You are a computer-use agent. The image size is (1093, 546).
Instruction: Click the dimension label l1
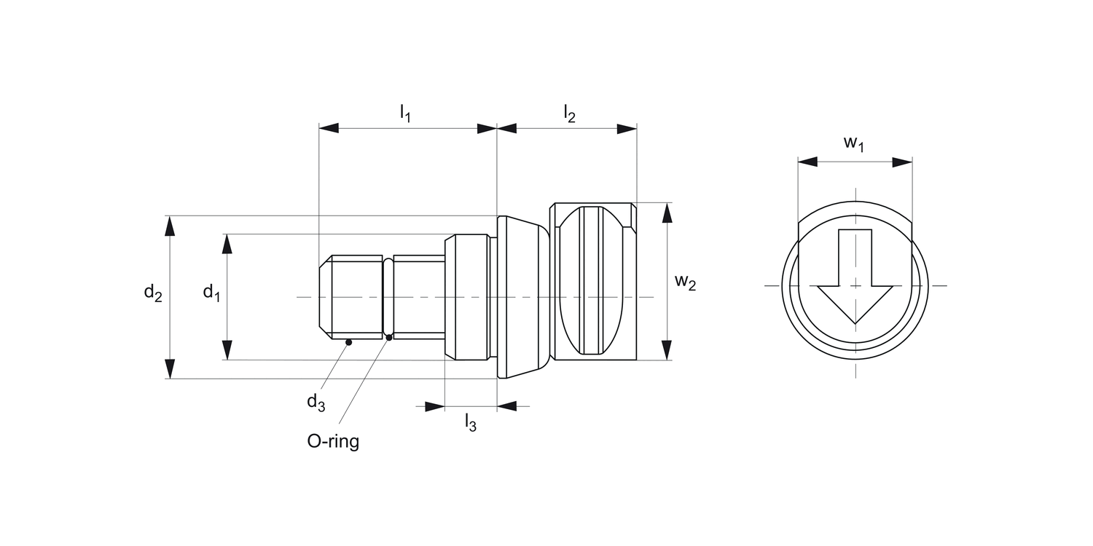[x=405, y=113]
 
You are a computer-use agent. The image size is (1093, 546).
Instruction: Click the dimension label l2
[x=569, y=113]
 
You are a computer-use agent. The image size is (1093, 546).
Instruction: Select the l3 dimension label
[x=471, y=423]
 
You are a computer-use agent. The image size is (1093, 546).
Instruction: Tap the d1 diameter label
[x=211, y=293]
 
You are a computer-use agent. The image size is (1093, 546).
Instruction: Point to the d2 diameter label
[x=152, y=293]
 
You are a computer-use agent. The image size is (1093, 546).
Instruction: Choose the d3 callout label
[x=316, y=401]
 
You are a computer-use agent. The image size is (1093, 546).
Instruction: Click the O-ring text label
[x=333, y=441]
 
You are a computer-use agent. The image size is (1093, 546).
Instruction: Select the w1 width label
[x=854, y=143]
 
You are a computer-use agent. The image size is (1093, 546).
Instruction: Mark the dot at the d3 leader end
[x=349, y=342]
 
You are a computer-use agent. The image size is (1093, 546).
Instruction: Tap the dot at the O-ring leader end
[x=389, y=337]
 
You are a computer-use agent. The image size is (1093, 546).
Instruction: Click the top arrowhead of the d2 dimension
[x=170, y=226]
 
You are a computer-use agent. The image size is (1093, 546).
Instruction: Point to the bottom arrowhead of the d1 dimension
[x=227, y=350]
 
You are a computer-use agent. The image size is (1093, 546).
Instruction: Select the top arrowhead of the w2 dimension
[x=667, y=213]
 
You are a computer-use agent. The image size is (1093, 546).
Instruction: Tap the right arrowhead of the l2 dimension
[x=627, y=129]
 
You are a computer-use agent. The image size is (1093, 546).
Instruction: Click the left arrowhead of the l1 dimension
[x=329, y=129]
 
